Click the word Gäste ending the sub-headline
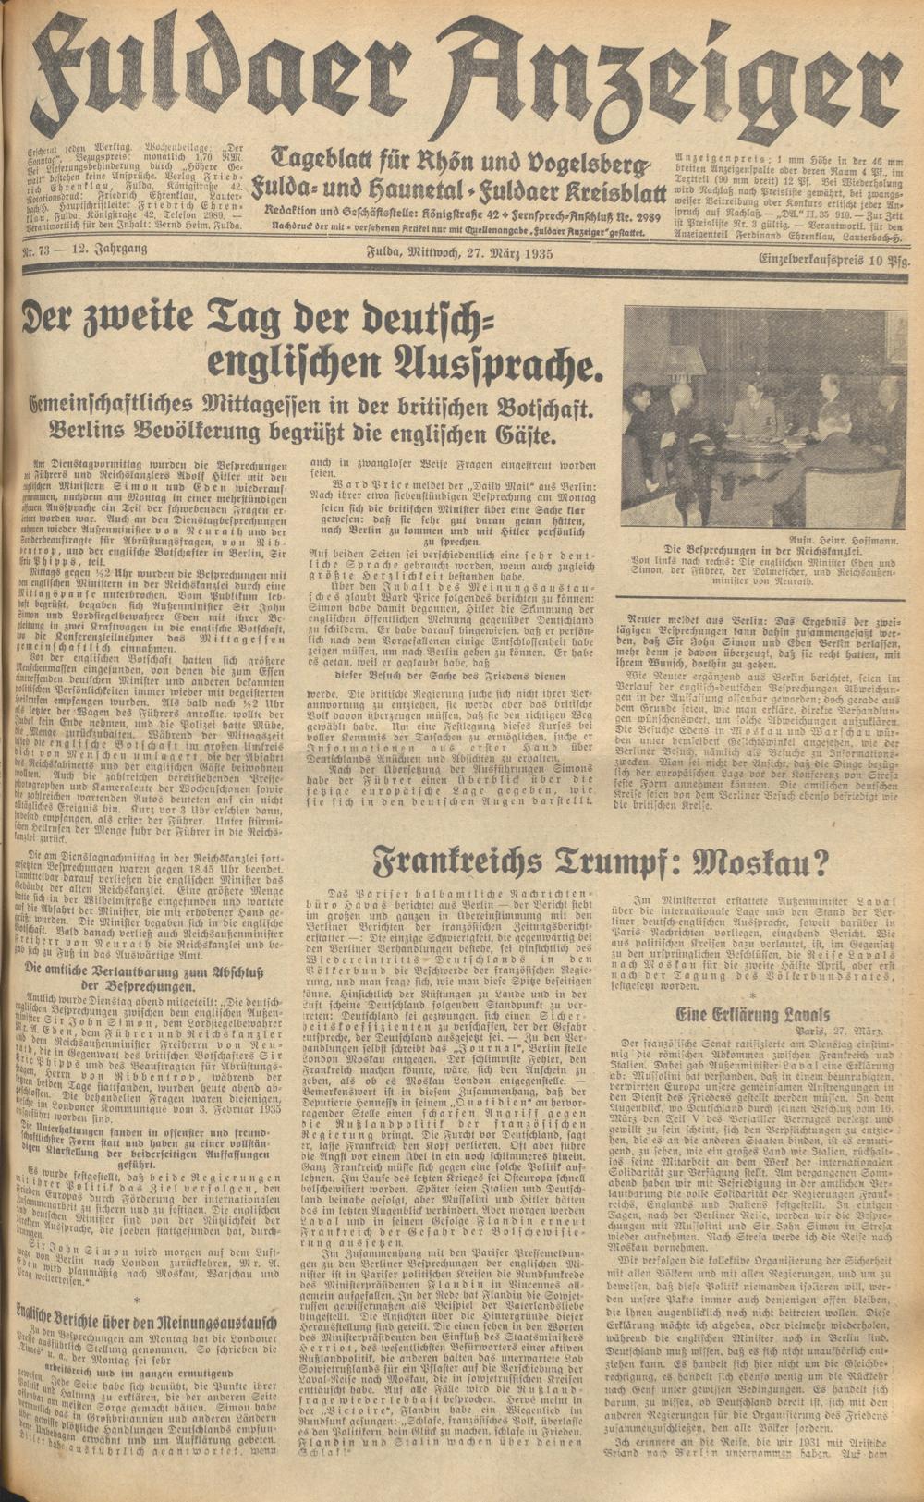(x=518, y=434)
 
